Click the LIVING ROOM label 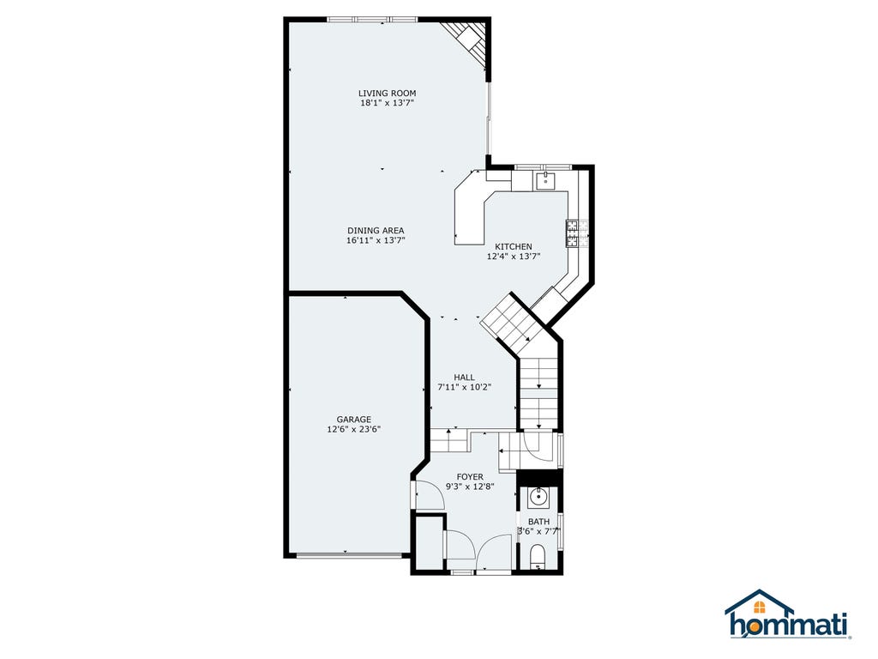pyautogui.click(x=387, y=93)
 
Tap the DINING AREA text pyautogui.click(x=376, y=230)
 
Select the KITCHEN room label pyautogui.click(x=514, y=246)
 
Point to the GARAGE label pyautogui.click(x=354, y=419)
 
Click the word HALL pyautogui.click(x=464, y=378)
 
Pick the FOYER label pyautogui.click(x=470, y=477)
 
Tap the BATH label pyautogui.click(x=538, y=522)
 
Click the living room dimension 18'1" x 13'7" pyautogui.click(x=387, y=103)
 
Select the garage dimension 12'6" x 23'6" pyautogui.click(x=354, y=429)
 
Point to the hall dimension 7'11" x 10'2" pyautogui.click(x=464, y=387)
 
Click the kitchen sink pyautogui.click(x=545, y=180)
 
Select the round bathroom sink pyautogui.click(x=538, y=497)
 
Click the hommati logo pyautogui.click(x=789, y=614)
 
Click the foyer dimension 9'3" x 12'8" pyautogui.click(x=470, y=487)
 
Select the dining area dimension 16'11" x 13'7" pyautogui.click(x=376, y=240)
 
